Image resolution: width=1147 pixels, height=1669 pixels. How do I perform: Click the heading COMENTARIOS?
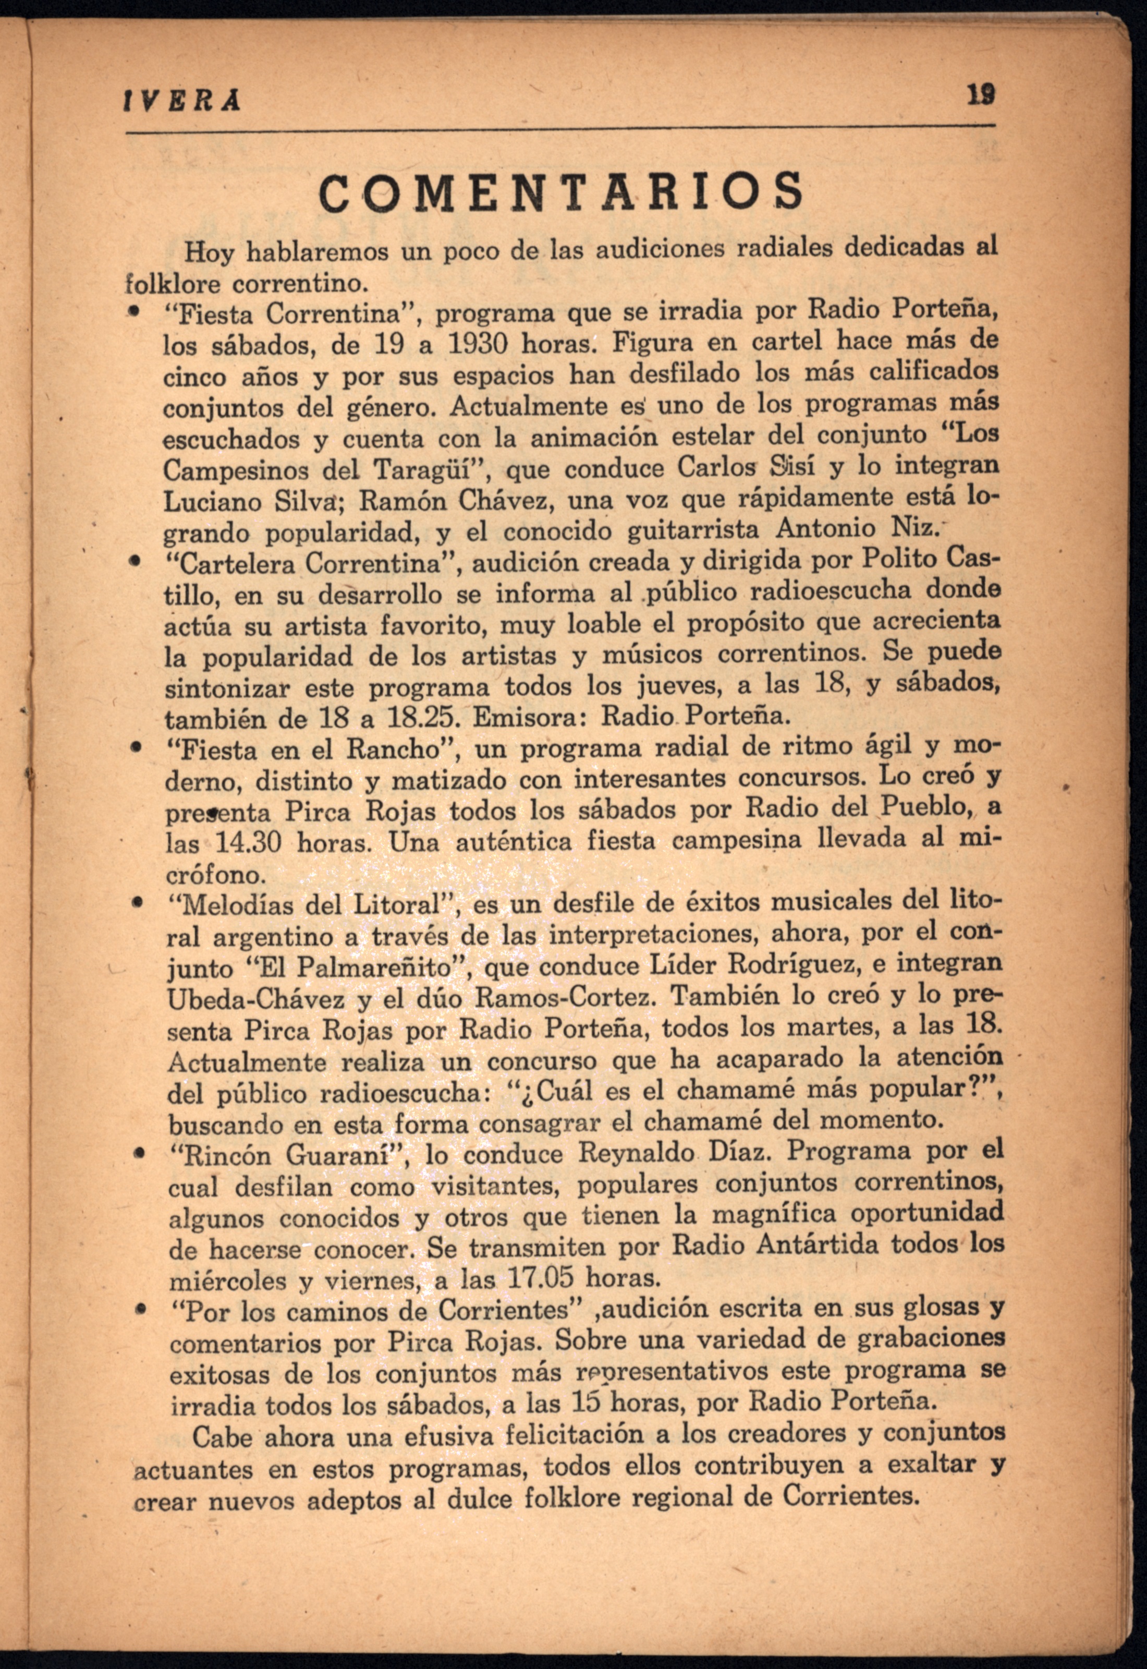tap(560, 191)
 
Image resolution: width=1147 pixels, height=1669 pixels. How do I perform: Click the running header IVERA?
tap(182, 102)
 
